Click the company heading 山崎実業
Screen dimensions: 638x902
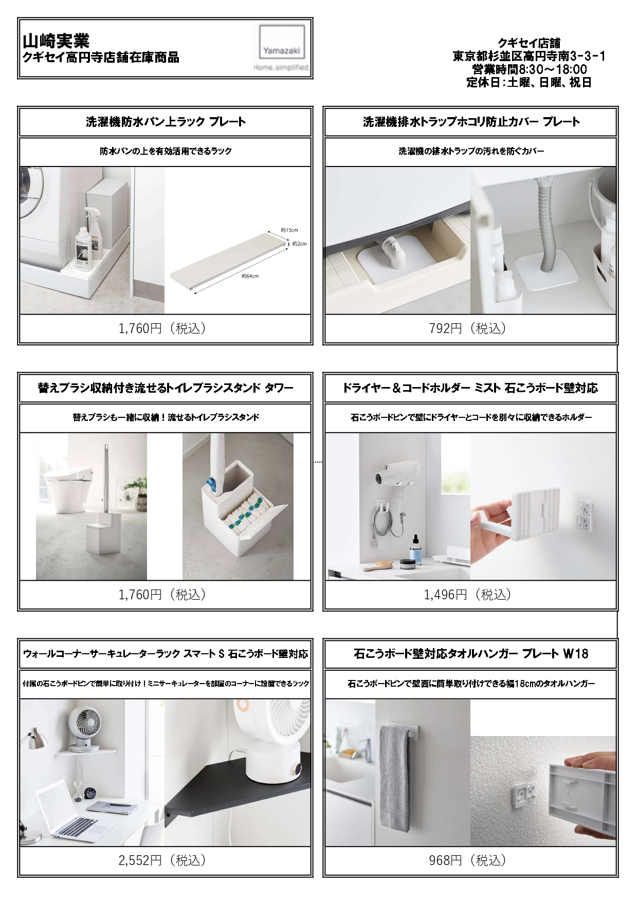click(x=56, y=41)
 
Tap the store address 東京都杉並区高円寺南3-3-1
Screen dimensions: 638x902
click(x=529, y=56)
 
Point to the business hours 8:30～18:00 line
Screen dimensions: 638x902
click(x=529, y=69)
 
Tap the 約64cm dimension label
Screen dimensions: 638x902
click(x=250, y=277)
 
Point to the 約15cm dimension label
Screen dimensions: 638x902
click(x=289, y=230)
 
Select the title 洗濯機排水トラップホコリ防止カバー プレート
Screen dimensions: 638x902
click(x=471, y=122)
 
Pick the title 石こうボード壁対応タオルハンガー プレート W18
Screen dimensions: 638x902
click(x=471, y=654)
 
